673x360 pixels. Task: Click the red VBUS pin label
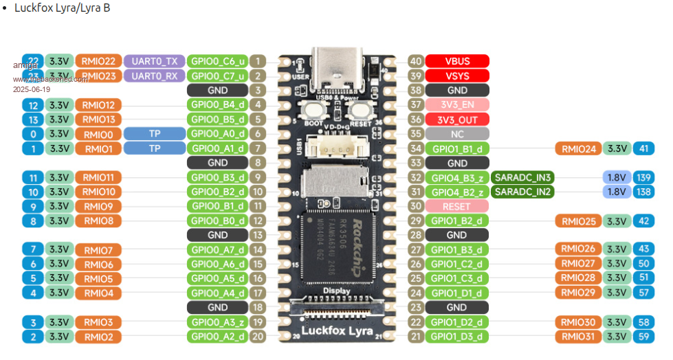(x=457, y=61)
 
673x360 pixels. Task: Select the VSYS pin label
(x=457, y=76)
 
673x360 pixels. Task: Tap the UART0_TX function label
(x=154, y=61)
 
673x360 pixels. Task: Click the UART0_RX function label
(x=154, y=76)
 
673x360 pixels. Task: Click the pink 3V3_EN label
(x=457, y=105)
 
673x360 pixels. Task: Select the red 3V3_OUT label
(x=457, y=120)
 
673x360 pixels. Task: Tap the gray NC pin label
(x=457, y=134)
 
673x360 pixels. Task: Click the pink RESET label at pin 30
(x=457, y=206)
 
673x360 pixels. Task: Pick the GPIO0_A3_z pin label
(x=217, y=322)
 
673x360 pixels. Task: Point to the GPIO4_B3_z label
(x=457, y=177)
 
